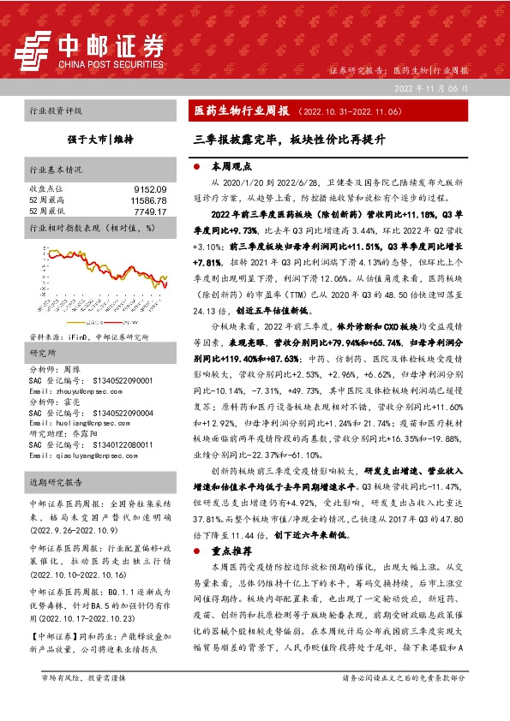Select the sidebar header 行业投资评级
coord(56,111)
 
